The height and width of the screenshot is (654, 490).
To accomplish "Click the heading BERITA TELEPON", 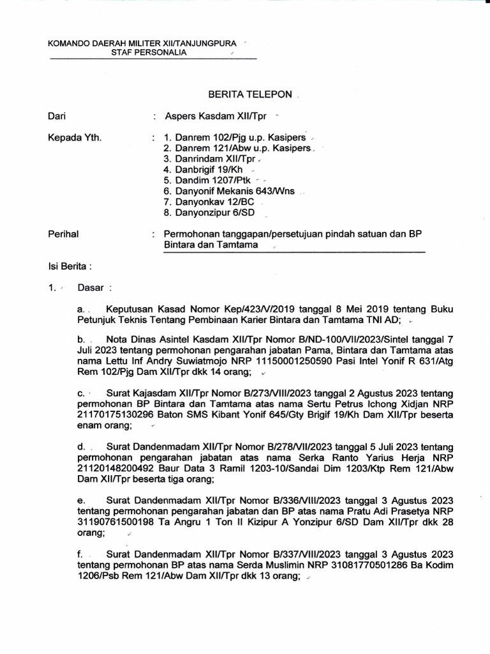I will (251, 95).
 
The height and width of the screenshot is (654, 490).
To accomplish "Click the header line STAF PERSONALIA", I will (158, 53).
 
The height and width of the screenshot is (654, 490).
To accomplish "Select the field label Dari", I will (57, 116).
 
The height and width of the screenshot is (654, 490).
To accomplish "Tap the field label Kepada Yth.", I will (75, 137).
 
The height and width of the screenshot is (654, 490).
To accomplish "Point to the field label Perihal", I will (64, 234).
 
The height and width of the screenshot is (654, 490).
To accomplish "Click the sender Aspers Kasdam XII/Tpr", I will (216, 116).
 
